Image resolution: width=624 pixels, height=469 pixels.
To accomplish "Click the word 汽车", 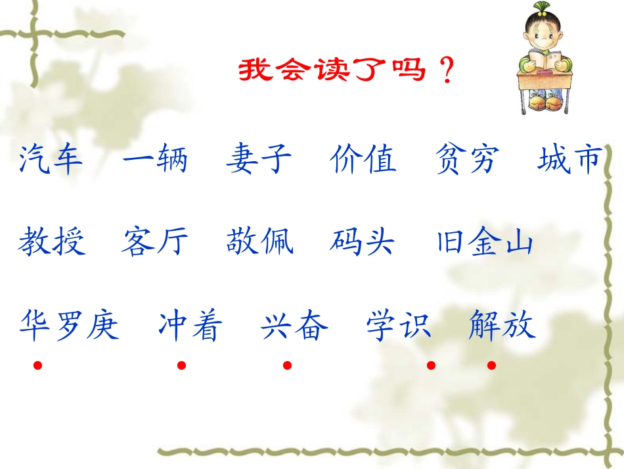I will click(x=51, y=160).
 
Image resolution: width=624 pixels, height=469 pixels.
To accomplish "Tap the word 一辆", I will click(x=155, y=160).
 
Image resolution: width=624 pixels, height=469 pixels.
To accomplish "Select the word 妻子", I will click(x=259, y=160).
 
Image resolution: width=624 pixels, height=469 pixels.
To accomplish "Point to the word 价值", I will click(x=363, y=160).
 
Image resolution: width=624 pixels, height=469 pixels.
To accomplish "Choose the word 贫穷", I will click(x=468, y=160).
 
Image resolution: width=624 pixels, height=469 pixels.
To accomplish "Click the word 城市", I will click(x=569, y=160).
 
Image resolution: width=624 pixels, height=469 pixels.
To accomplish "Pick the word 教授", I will click(x=51, y=242).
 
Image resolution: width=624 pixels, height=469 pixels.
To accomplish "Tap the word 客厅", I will click(x=155, y=242).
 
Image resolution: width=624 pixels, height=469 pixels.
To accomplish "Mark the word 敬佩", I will click(x=259, y=242).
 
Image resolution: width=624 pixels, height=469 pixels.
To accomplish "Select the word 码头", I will click(x=363, y=242).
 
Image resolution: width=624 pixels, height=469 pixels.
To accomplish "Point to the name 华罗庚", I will click(x=70, y=325).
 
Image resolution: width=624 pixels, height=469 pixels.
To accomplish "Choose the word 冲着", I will click(x=190, y=325).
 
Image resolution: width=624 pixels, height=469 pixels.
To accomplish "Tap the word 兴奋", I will click(x=295, y=325).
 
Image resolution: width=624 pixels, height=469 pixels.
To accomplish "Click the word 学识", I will click(x=399, y=325).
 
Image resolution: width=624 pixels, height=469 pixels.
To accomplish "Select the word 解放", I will click(x=502, y=325).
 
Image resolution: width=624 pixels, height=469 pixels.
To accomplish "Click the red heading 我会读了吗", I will click(x=332, y=70).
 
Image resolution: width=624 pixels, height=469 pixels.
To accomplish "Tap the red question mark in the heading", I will click(x=447, y=70).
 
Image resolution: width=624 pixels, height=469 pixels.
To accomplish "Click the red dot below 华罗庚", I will click(x=38, y=365).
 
